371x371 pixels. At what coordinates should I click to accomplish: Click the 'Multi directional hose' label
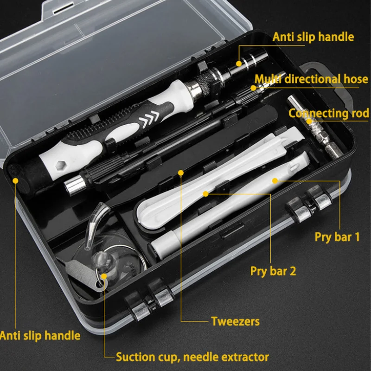click(x=311, y=79)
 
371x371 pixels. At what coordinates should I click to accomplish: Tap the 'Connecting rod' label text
click(x=329, y=113)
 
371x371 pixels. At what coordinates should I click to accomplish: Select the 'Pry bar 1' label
click(x=337, y=237)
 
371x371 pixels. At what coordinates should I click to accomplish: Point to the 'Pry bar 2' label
click(x=273, y=271)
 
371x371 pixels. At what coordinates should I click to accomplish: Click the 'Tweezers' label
click(x=235, y=321)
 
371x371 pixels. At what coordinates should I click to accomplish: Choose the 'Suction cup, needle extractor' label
click(x=192, y=357)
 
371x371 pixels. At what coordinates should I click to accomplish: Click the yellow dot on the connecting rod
click(x=309, y=121)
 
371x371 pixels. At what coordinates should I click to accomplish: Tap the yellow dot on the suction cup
click(x=104, y=276)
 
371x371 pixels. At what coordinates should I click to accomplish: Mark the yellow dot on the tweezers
click(x=181, y=173)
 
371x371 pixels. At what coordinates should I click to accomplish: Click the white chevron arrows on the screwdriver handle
click(x=149, y=117)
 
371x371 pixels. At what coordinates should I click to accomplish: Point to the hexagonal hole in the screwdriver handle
click(x=61, y=165)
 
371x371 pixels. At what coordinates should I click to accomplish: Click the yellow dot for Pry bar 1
click(x=275, y=181)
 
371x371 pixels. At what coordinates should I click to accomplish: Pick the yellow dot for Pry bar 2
click(x=205, y=194)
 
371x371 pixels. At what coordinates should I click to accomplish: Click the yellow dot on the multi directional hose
click(x=253, y=88)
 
